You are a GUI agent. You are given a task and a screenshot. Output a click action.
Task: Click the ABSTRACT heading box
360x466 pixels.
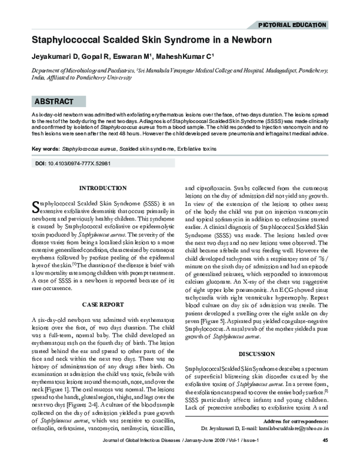[55, 101]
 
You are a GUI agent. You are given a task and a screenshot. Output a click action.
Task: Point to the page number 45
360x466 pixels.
[325, 458]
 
